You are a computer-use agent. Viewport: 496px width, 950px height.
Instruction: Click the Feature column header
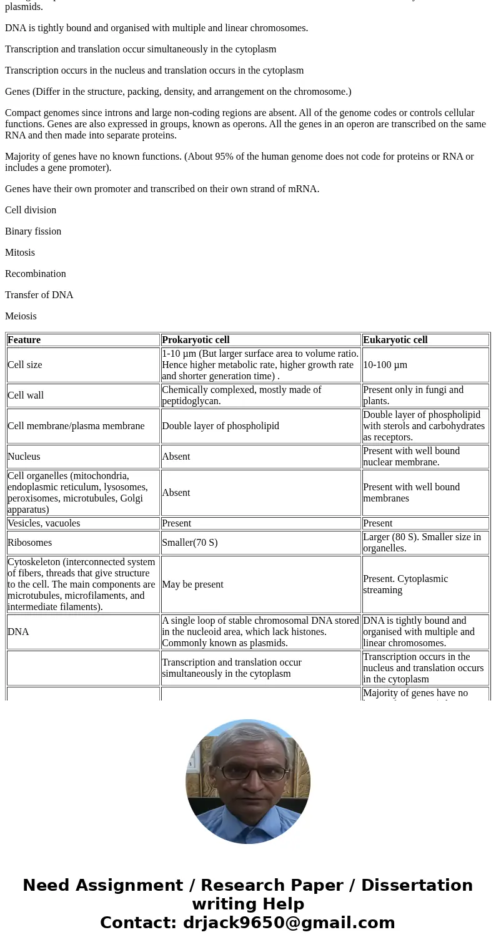pos(24,340)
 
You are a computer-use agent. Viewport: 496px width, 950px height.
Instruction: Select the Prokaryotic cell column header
pos(196,340)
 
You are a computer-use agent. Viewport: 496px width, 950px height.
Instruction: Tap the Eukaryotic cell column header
pos(395,340)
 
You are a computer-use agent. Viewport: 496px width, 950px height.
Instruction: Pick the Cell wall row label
pos(26,395)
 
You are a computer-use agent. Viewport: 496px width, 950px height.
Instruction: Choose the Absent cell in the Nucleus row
pos(176,457)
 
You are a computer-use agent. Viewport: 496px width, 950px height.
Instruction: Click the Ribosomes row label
pos(29,543)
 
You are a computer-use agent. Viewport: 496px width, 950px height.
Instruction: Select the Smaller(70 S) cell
pos(190,543)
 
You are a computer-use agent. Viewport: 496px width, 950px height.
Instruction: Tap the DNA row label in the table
pos(18,632)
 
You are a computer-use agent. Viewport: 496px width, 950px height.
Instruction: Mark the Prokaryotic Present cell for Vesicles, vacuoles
pos(176,523)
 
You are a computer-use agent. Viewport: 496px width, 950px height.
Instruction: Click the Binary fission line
pos(33,231)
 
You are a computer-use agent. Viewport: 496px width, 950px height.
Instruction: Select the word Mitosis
pos(20,253)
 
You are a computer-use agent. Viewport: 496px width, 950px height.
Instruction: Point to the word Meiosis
pos(21,316)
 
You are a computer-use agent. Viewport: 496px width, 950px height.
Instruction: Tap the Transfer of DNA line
pos(39,295)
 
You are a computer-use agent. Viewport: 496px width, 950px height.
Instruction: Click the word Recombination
pos(35,274)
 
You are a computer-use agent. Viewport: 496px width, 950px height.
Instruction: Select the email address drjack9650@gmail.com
pos(289,923)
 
